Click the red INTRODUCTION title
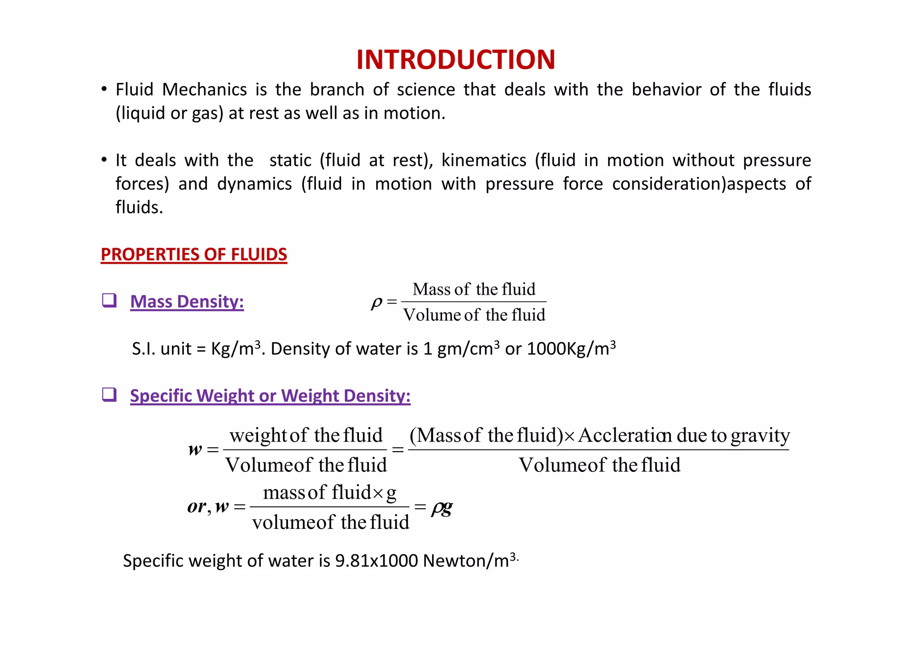pyautogui.click(x=455, y=60)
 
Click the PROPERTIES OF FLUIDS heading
pyautogui.click(x=194, y=254)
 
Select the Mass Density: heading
pyautogui.click(x=187, y=301)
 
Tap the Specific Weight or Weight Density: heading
pyautogui.click(x=270, y=396)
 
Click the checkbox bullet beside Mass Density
pyautogui.click(x=109, y=300)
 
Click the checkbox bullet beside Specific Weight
pyautogui.click(x=109, y=395)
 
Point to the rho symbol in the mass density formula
pyautogui.click(x=376, y=303)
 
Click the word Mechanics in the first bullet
pyautogui.click(x=204, y=90)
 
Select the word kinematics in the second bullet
pyautogui.click(x=484, y=160)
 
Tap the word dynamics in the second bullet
pyautogui.click(x=254, y=184)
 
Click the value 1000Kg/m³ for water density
pyautogui.click(x=571, y=348)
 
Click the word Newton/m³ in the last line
pyautogui.click(x=469, y=561)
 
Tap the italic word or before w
pyautogui.click(x=197, y=507)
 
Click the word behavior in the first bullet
pyautogui.click(x=666, y=90)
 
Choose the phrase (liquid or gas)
pyautogui.click(x=169, y=113)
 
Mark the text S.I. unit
pyautogui.click(x=162, y=348)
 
